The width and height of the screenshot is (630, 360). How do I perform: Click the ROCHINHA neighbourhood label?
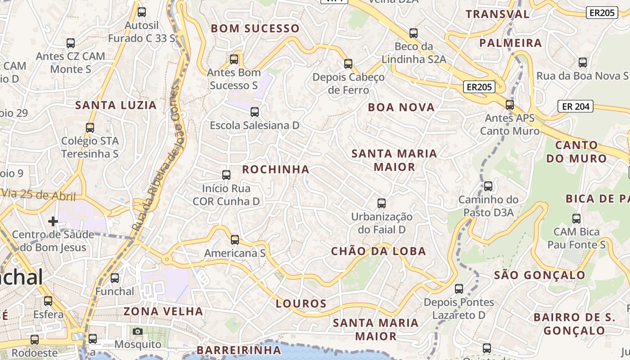(x=276, y=170)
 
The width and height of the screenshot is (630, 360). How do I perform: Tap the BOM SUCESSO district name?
(x=255, y=29)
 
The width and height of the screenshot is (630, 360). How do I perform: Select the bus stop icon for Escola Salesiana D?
(x=255, y=112)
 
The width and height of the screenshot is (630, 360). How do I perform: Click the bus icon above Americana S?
(x=235, y=240)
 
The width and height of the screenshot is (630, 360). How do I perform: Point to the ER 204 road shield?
(x=576, y=107)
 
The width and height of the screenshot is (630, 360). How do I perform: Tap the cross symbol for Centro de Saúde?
(x=53, y=221)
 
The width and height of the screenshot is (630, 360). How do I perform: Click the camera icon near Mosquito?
(x=138, y=332)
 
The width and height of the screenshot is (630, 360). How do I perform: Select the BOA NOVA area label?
(x=401, y=107)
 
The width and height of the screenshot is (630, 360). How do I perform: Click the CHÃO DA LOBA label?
(x=378, y=251)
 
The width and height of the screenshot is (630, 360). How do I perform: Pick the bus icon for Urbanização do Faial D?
(x=382, y=203)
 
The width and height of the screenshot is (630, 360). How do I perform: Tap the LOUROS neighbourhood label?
(x=301, y=303)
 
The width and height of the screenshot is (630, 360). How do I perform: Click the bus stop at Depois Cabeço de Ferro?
(x=348, y=64)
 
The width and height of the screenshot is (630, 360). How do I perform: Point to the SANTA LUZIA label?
(x=116, y=105)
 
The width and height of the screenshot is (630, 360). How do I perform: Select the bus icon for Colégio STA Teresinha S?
(x=90, y=128)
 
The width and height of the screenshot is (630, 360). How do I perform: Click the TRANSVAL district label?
(x=498, y=14)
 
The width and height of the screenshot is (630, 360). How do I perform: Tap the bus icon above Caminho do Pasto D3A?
(x=488, y=186)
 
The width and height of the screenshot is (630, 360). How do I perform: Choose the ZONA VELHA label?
(x=163, y=311)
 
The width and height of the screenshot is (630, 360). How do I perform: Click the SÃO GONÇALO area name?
(x=540, y=275)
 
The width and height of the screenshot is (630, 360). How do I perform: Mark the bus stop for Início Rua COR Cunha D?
(x=226, y=175)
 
